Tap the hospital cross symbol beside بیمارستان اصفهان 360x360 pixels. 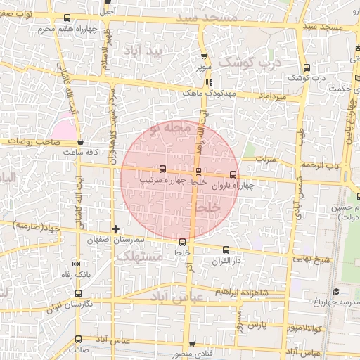[x=116, y=229]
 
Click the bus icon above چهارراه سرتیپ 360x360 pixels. [x=163, y=169]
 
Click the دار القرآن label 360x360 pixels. [x=226, y=261]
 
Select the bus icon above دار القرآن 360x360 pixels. [x=226, y=250]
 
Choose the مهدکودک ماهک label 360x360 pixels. [x=202, y=92]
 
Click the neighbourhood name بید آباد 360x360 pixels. [x=162, y=52]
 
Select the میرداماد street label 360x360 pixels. [x=272, y=95]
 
